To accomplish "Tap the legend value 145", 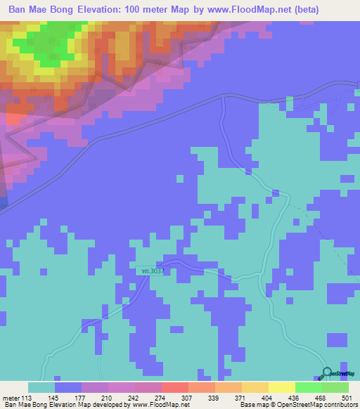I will pos(67,398).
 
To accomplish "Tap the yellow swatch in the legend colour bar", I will pos(282,387).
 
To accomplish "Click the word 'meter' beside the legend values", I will pos(12,398).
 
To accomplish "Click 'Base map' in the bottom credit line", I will pos(251,405).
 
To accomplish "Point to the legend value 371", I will pos(241,398).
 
